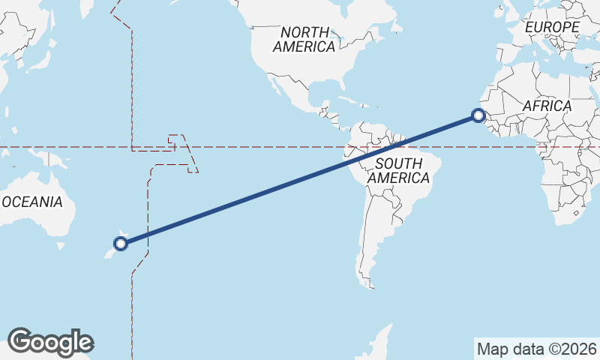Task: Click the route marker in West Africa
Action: tap(478, 115)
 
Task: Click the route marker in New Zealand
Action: tap(120, 242)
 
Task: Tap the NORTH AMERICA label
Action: tap(304, 40)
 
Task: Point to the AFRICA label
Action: tap(547, 106)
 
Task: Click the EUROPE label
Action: tap(553, 27)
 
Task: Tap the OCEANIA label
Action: tap(32, 202)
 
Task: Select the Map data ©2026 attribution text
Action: tap(537, 349)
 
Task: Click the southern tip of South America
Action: tap(369, 285)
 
